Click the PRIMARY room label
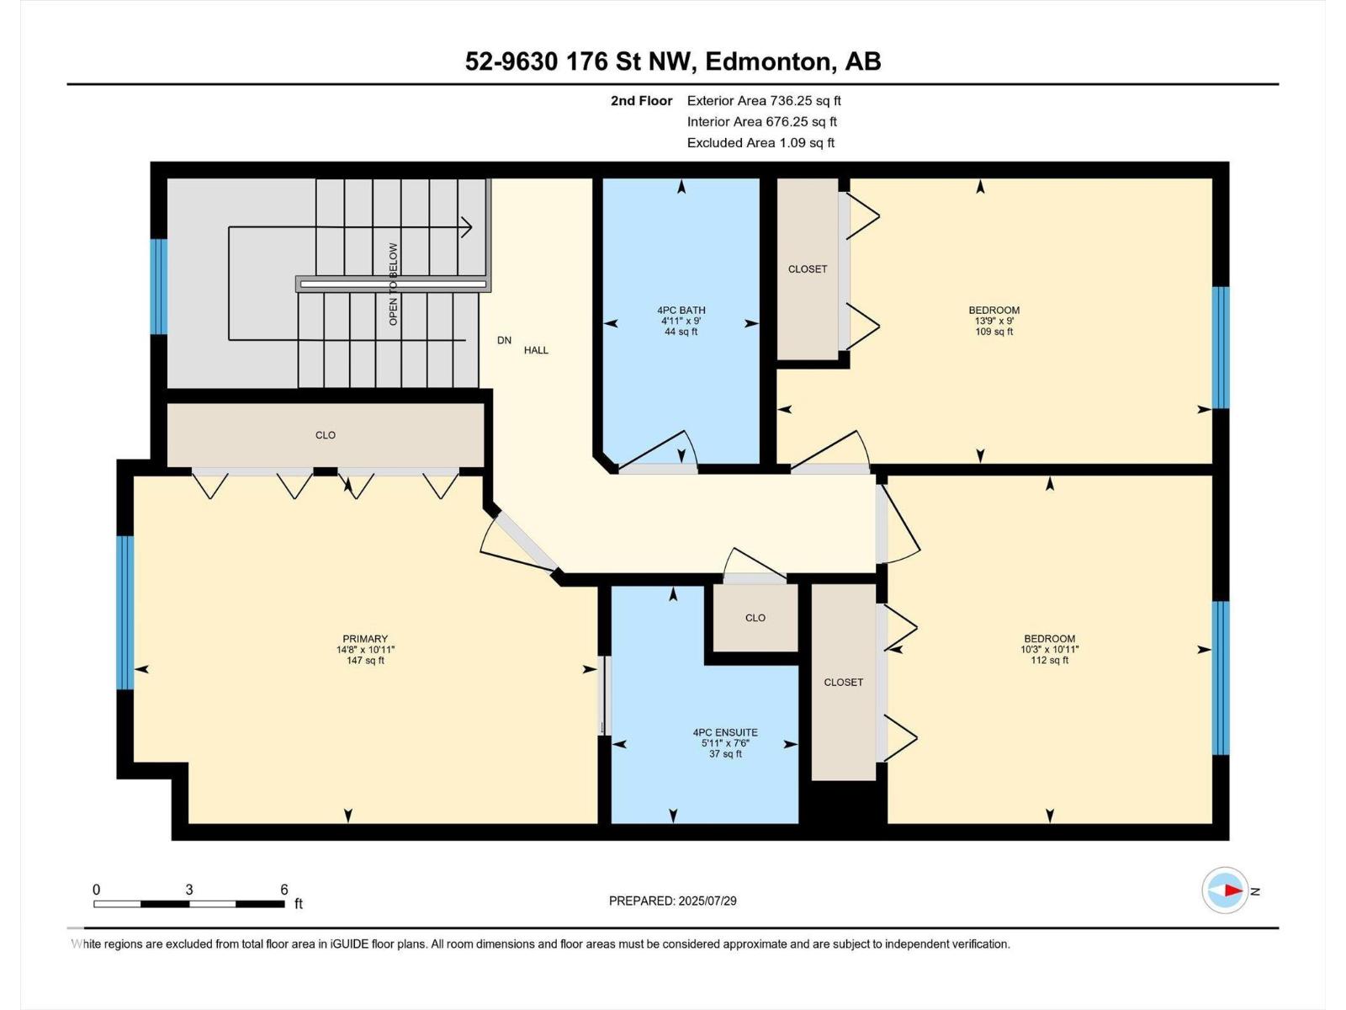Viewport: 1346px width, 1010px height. click(365, 638)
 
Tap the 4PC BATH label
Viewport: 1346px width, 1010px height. click(681, 311)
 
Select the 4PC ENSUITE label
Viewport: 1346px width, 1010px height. click(725, 732)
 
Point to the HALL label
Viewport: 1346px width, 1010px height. click(536, 350)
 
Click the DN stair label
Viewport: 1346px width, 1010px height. click(504, 340)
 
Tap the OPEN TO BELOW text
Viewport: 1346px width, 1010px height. click(393, 284)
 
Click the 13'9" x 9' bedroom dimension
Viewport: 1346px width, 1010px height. click(994, 321)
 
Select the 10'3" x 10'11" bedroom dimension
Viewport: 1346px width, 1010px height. click(1049, 650)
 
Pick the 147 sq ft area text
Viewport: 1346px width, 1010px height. click(365, 661)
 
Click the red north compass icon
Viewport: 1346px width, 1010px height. click(1225, 890)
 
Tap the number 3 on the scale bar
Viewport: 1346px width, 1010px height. click(189, 890)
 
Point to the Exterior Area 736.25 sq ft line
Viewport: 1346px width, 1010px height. click(764, 100)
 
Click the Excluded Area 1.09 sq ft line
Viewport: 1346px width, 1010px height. click(761, 143)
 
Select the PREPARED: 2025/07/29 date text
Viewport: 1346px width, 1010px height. click(673, 901)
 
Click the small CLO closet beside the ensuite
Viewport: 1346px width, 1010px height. click(755, 618)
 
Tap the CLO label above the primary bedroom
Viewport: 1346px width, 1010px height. click(325, 435)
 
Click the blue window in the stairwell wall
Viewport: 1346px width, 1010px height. click(159, 286)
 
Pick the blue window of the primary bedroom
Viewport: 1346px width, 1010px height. click(125, 613)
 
